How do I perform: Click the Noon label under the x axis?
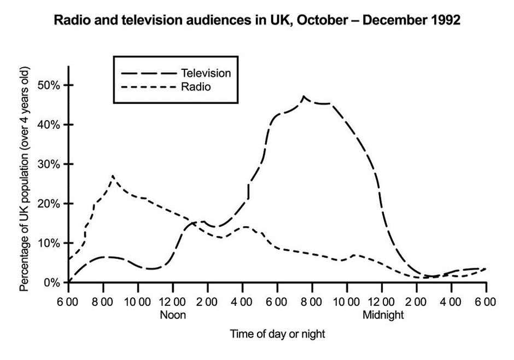[173, 315]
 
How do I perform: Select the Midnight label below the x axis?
[383, 315]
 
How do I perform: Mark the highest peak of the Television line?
[304, 97]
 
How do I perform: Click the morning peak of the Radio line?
[113, 176]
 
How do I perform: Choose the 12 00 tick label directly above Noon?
[173, 302]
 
